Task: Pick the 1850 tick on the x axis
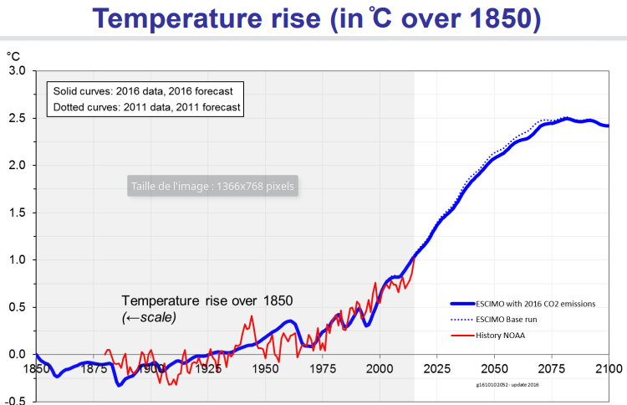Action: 36,368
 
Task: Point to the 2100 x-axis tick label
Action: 608,368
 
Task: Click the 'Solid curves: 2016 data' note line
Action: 142,90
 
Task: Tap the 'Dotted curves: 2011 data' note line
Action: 146,107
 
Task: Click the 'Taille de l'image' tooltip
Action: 212,186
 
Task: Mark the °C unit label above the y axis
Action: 13,56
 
